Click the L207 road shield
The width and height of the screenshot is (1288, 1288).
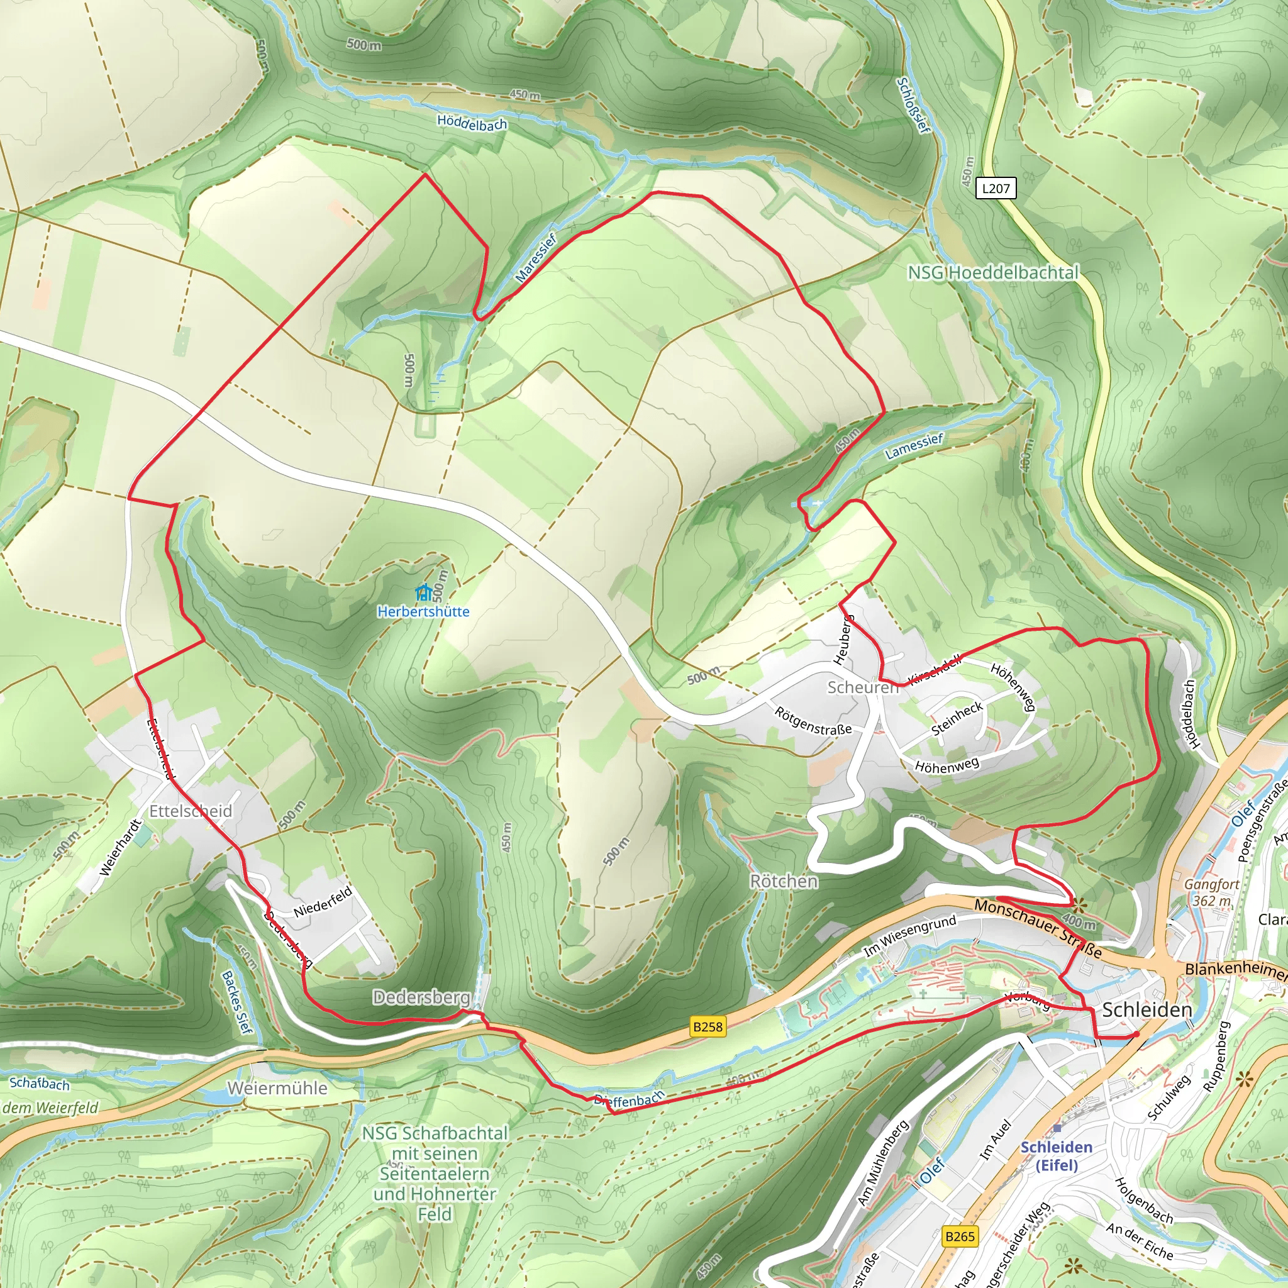click(996, 189)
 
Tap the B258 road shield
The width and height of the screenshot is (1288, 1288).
click(708, 1026)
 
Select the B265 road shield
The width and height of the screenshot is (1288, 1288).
click(959, 1236)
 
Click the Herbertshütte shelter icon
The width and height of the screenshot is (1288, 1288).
click(423, 592)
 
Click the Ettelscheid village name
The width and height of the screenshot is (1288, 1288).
click(191, 811)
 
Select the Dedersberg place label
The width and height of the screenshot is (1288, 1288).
click(421, 997)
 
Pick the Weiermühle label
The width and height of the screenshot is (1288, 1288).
click(277, 1088)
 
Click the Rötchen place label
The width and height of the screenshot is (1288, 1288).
click(784, 881)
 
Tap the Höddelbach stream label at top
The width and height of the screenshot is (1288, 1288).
click(472, 123)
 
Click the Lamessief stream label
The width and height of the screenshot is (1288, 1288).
click(914, 447)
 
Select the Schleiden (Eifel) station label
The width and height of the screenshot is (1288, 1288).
click(1057, 1155)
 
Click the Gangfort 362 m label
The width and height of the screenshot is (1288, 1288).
click(1211, 892)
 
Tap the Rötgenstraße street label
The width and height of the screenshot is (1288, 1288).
click(813, 721)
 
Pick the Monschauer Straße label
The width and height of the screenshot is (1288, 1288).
click(1037, 928)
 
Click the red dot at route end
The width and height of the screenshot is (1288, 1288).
click(1136, 1035)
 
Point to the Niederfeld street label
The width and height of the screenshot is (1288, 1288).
click(323, 902)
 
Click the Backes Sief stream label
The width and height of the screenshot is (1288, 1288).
click(237, 1002)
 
